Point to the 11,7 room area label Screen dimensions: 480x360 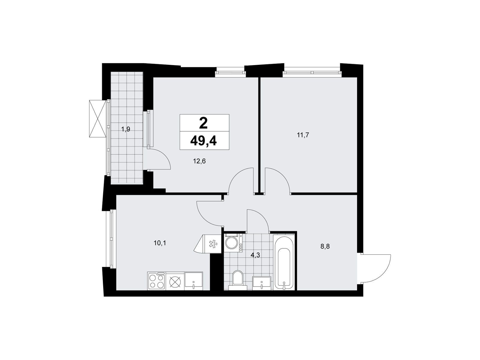[x=303, y=135]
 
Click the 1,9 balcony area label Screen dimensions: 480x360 [x=126, y=129]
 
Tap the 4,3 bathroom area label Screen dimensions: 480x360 [x=255, y=255]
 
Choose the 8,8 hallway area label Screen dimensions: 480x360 [x=325, y=247]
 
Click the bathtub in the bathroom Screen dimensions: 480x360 [x=283, y=263]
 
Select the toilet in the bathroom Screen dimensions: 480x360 [x=238, y=280]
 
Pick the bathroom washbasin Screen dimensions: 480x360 [x=262, y=283]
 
